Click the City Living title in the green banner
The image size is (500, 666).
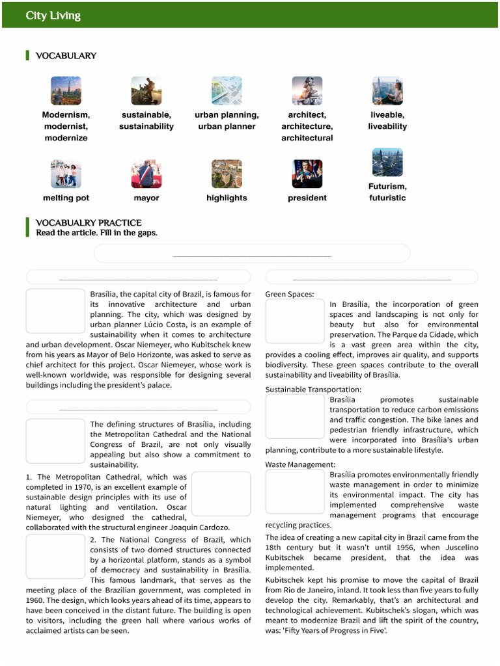(53, 16)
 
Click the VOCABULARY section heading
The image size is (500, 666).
(66, 56)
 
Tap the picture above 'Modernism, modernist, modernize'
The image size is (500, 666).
(66, 90)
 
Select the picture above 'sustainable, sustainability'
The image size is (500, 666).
(146, 90)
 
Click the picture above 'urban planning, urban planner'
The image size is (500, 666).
(227, 90)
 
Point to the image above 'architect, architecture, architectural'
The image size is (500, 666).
(307, 90)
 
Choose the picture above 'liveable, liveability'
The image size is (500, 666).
(387, 90)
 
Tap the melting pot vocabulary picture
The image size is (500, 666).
(66, 174)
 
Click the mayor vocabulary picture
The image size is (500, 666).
(146, 174)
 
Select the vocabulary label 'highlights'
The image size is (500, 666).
(227, 198)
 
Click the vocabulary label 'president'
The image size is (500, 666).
(307, 198)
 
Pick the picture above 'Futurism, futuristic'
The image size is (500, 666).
(387, 162)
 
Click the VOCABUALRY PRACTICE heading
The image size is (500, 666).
(89, 222)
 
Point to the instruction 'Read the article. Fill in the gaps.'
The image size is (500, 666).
(96, 233)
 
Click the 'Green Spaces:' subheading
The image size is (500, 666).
(290, 295)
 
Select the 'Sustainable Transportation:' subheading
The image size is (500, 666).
(313, 390)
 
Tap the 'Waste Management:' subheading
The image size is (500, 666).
(300, 464)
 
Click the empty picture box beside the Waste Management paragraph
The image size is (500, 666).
(294, 492)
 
